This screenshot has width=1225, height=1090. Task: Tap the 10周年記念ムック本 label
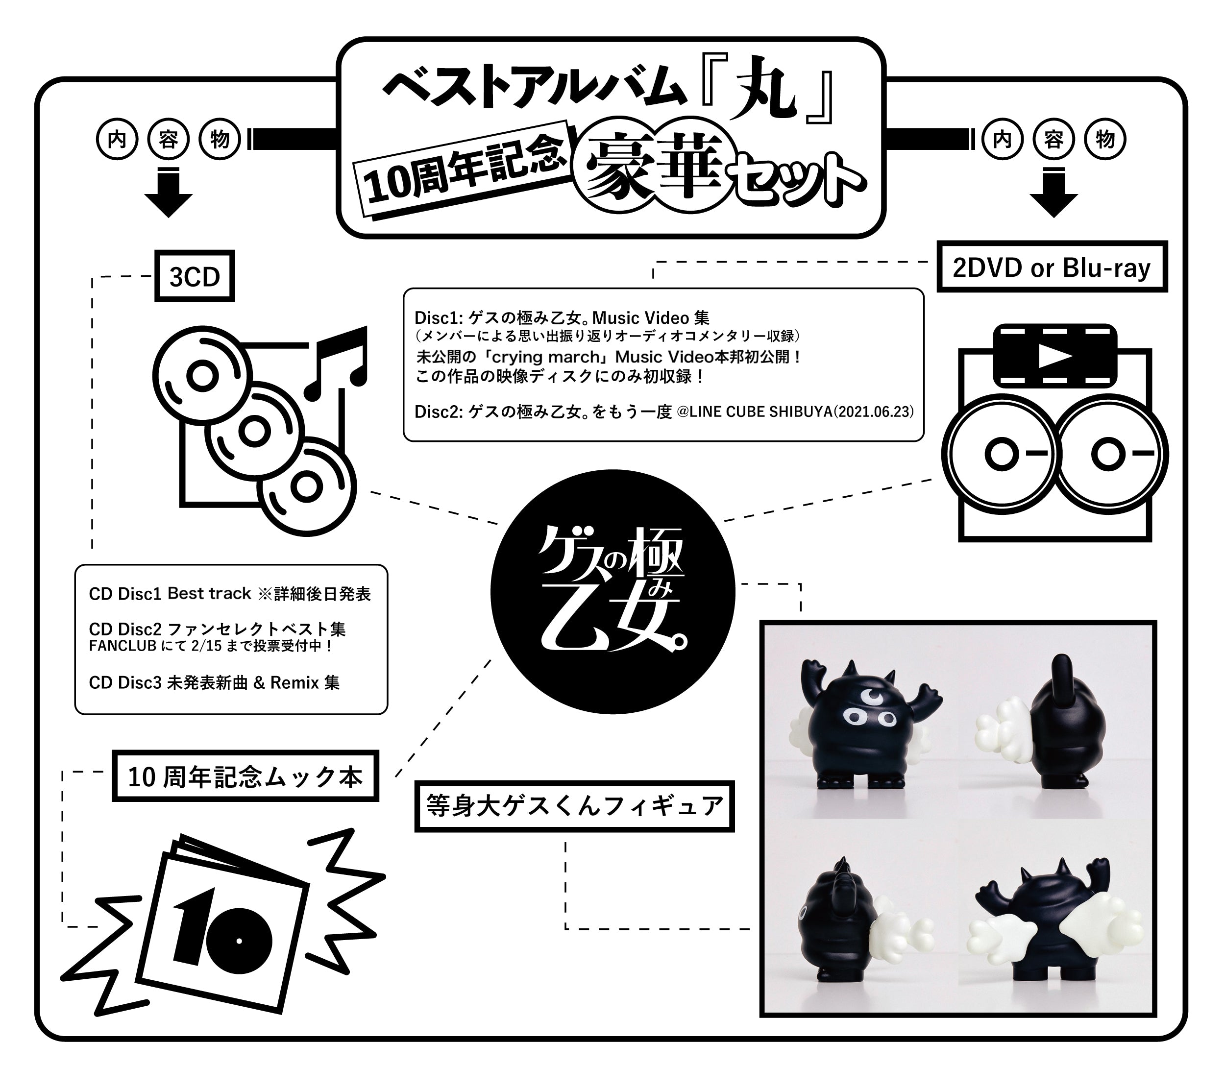coord(245,776)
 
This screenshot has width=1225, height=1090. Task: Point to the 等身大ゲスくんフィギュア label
coord(574,805)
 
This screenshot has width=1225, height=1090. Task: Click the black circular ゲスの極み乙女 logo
coord(612,591)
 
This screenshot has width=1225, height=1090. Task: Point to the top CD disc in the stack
coord(202,376)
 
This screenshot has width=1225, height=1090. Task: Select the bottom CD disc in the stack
coord(307,487)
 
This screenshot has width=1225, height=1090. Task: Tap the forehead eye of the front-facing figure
coord(865,697)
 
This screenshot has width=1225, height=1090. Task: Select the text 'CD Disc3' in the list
coord(124,682)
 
